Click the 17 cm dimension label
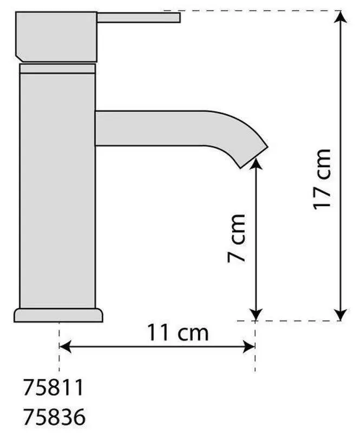pos(322,179)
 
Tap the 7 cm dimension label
pos(237,238)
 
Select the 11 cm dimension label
pos(178,332)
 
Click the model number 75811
pos(53,388)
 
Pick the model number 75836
pos(54,416)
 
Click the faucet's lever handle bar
pos(139,17)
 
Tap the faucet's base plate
pos(58,315)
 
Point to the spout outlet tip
pos(254,157)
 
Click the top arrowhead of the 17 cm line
pos(341,17)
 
